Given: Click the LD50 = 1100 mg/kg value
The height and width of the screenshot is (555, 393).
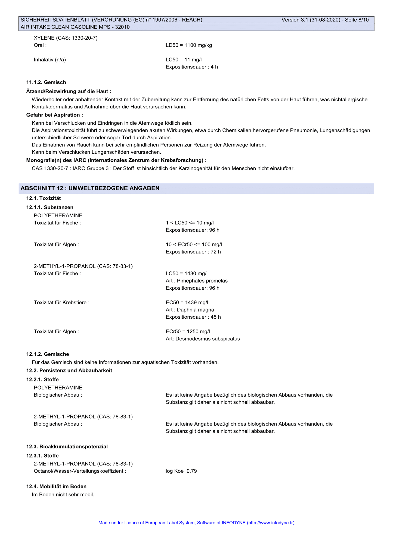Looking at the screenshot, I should click(189, 45).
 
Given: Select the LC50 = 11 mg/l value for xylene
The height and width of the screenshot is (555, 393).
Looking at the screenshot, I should click(184, 60).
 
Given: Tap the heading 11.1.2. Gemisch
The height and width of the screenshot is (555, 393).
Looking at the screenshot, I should click(46, 82).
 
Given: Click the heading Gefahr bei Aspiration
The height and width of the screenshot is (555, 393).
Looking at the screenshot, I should click(54, 115).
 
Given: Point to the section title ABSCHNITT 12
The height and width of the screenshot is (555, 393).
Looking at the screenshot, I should click(90, 188).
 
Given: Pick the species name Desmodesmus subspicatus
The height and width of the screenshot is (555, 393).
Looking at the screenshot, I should click(208, 339).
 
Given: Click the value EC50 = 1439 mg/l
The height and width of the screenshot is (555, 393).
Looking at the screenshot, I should click(187, 303).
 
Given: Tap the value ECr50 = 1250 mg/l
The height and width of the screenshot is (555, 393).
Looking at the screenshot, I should click(188, 332).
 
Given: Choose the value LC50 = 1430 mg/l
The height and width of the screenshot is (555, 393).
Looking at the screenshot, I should click(187, 274).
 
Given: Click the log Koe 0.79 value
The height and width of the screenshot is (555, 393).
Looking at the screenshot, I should click(181, 471).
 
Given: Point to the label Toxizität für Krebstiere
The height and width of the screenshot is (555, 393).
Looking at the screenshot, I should click(61, 303).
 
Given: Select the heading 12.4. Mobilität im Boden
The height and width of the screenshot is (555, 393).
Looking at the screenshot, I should click(56, 487).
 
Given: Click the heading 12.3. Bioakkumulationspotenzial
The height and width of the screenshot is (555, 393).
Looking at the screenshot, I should click(67, 447).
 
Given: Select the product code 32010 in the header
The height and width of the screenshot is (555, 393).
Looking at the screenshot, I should click(122, 27).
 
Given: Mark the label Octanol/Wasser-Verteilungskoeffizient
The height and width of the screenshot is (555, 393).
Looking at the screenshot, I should click(80, 471).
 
